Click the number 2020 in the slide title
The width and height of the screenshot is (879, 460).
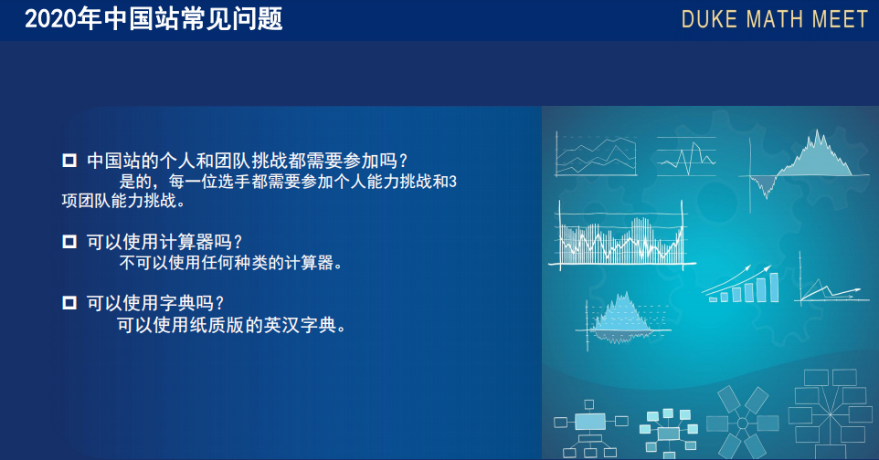point(50,19)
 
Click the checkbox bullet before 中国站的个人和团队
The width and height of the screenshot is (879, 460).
point(69,161)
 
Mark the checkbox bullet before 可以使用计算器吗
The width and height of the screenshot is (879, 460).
point(69,242)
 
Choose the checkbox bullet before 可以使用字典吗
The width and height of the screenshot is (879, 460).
point(69,303)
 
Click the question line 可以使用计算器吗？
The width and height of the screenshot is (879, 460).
point(164,242)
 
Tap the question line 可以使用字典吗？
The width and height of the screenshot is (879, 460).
point(155,303)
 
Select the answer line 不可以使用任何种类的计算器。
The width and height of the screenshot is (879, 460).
point(231,263)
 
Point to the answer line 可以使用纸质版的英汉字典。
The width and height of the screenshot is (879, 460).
point(231,324)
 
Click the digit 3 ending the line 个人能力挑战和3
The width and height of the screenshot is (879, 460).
point(453,182)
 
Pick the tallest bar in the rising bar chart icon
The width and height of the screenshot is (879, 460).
point(774,287)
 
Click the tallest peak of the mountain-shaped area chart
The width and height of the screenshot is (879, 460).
point(818,132)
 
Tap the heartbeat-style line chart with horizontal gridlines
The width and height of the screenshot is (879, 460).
point(687,156)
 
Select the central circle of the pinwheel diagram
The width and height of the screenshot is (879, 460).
point(743,423)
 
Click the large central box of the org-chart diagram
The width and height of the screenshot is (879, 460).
point(590,422)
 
